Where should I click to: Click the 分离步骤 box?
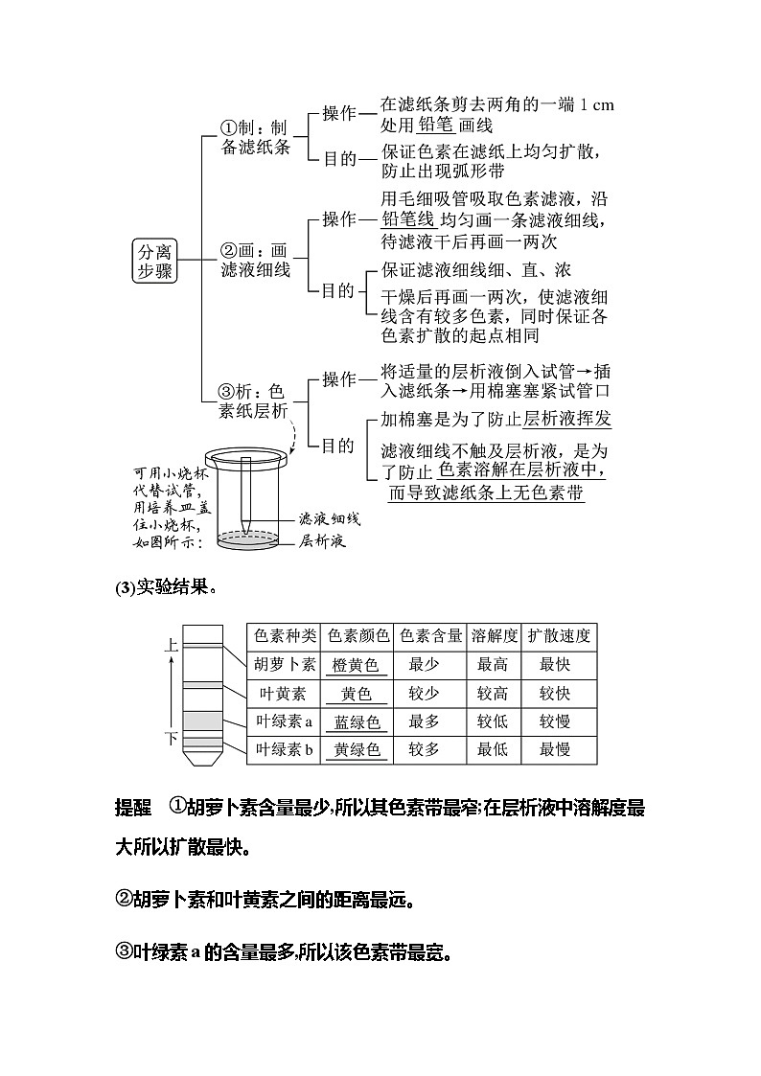(153, 261)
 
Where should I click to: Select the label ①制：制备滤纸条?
(254, 137)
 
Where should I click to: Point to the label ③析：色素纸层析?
(254, 401)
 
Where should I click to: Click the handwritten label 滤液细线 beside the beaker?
(329, 518)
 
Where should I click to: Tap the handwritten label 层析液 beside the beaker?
(322, 541)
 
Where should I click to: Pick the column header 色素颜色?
(357, 635)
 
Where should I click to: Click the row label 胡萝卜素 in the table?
(284, 664)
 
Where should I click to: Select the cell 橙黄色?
(357, 665)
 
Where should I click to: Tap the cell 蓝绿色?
(357, 721)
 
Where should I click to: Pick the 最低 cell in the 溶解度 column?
(492, 750)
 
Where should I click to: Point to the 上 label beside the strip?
(172, 646)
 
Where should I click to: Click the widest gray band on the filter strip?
(202, 721)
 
